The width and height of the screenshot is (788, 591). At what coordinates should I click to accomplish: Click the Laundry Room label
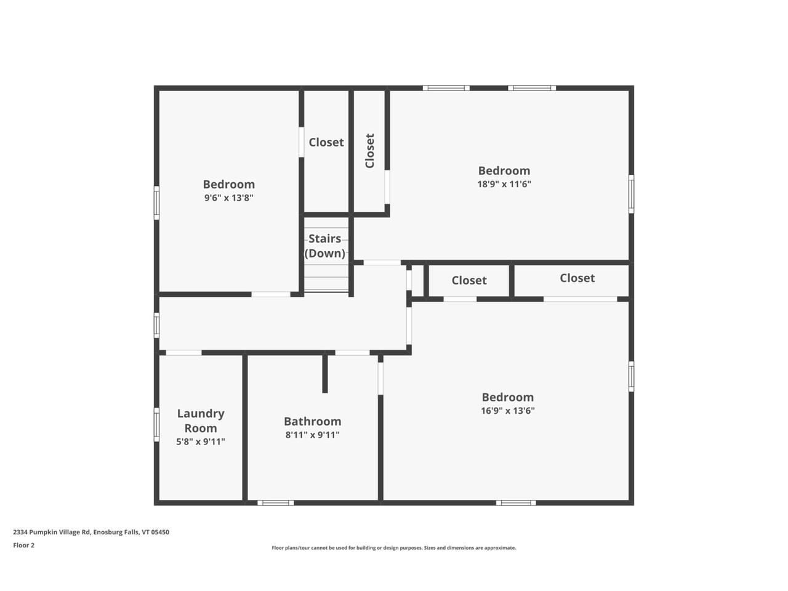coord(201,420)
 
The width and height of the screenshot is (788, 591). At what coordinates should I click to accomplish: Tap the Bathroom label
coord(312,422)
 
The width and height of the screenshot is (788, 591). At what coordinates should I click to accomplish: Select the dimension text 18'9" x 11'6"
coord(504,184)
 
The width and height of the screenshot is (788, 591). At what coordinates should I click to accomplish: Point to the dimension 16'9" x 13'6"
coord(507,411)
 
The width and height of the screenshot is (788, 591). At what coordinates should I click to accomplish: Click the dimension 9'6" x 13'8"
coord(228,198)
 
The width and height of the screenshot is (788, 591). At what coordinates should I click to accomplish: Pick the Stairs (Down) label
coord(325,246)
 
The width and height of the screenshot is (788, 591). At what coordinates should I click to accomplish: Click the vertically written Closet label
coord(370,151)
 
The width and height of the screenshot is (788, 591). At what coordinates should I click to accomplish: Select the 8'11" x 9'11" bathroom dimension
coord(312,435)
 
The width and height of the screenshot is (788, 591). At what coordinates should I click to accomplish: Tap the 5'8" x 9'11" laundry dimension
coord(201,441)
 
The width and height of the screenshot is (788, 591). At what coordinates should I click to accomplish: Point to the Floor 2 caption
coord(24,545)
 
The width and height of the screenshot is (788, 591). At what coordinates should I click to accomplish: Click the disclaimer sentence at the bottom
coord(394,547)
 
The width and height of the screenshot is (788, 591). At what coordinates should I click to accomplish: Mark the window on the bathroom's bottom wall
coord(275,503)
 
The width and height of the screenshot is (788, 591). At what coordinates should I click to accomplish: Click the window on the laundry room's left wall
coord(156,425)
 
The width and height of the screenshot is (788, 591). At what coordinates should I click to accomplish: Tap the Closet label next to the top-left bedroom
coord(326,142)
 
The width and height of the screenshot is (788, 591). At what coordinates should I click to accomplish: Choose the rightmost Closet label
coord(577,278)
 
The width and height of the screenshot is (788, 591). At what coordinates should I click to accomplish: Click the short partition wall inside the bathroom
coord(325,374)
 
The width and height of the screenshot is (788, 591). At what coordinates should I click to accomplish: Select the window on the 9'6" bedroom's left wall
coord(156,203)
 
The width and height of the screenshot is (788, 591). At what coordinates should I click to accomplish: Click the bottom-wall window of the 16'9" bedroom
coord(516,503)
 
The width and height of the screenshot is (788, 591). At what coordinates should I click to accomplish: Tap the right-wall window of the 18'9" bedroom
coord(631,194)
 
